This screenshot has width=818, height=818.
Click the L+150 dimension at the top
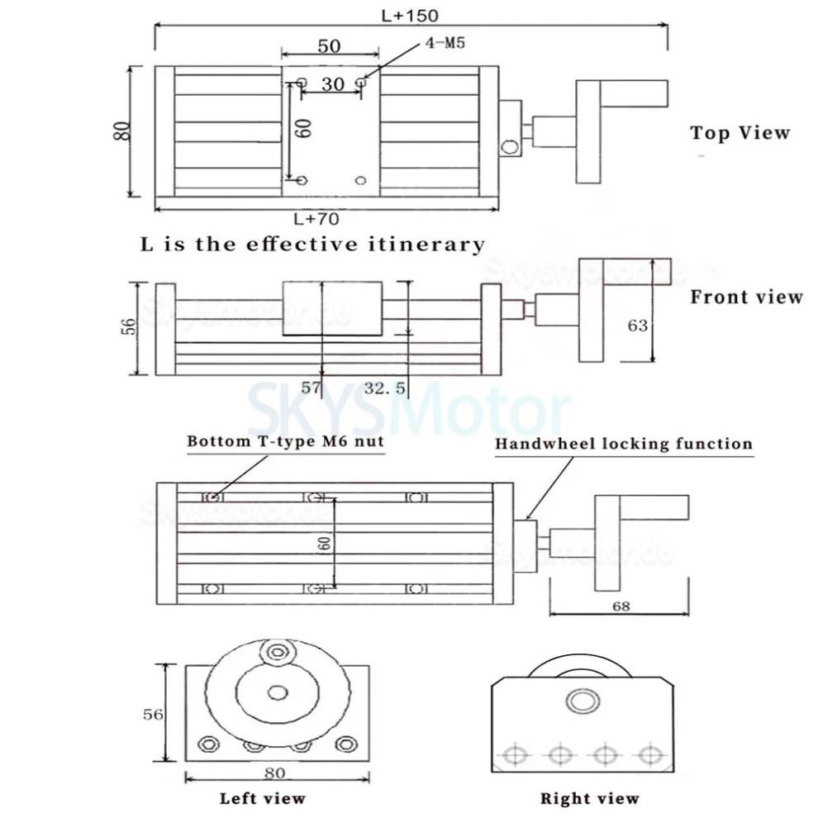(411, 14)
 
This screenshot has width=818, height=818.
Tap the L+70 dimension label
(316, 219)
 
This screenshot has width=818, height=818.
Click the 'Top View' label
(740, 133)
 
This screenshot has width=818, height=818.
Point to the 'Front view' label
(746, 297)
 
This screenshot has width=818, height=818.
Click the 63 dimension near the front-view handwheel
(637, 326)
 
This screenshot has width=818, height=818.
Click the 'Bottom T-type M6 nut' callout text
(285, 441)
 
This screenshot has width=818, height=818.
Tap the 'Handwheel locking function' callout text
(624, 444)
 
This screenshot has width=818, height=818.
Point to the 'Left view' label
(262, 798)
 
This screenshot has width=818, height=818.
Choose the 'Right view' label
(589, 798)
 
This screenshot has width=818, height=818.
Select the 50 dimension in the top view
(329, 46)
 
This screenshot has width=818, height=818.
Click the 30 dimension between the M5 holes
(332, 83)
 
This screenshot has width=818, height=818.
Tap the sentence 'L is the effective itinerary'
(312, 245)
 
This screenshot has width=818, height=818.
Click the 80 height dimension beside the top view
(121, 131)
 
